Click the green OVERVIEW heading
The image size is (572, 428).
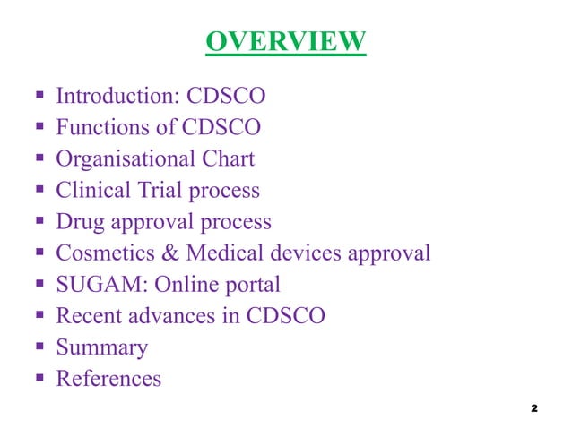(285, 41)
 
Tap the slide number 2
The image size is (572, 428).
(533, 409)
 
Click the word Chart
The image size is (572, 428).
(228, 159)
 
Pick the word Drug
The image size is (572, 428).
(78, 222)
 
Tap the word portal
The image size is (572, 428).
(252, 286)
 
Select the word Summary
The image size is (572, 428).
(102, 348)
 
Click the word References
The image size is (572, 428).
(108, 379)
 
